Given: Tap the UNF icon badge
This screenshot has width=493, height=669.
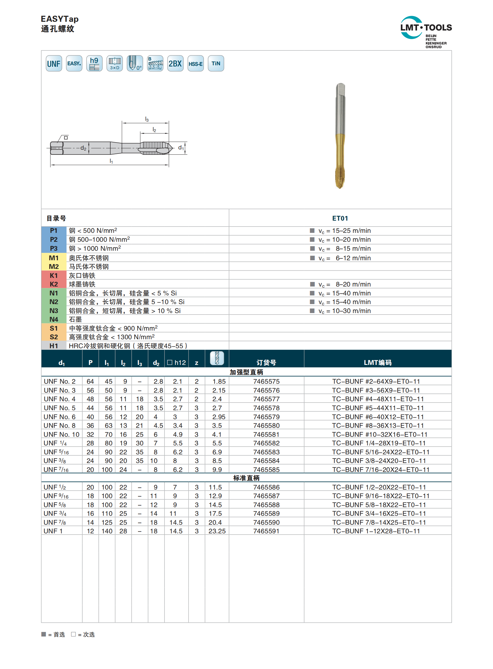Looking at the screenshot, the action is [54, 63].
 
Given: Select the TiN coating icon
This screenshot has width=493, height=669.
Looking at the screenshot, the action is [216, 63].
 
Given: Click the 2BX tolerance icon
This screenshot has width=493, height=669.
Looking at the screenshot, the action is [175, 63].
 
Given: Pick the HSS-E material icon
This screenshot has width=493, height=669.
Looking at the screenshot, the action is [196, 63].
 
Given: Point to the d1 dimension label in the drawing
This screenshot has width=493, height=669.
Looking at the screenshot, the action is [181, 148].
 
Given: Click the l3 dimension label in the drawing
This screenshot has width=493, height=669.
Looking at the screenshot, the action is [147, 120].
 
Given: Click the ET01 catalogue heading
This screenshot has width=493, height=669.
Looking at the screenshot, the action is [340, 218].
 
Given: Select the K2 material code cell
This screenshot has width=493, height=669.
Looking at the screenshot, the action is [54, 284].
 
